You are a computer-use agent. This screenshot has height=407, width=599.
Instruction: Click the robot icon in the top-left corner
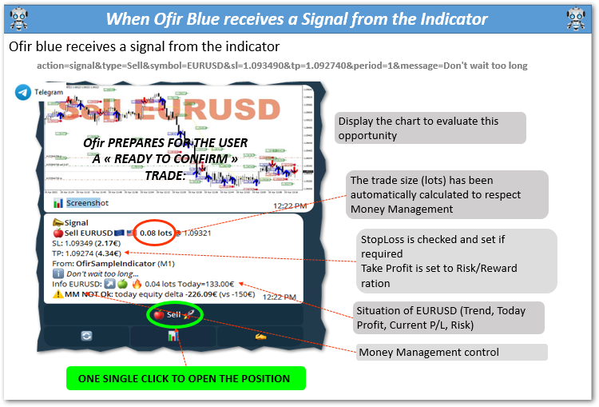coord(15,18)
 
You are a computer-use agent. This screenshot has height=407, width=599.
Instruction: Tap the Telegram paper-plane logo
coord(22,93)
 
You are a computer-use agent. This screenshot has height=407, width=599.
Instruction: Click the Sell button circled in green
coord(169,315)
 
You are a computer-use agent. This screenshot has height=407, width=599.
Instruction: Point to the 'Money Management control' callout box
coord(451,352)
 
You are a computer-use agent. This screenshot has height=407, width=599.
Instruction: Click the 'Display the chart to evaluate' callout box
coord(430,128)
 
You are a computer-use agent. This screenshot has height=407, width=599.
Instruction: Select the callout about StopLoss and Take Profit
coord(456,261)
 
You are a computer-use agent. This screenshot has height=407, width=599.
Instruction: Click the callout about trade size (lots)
coord(446,194)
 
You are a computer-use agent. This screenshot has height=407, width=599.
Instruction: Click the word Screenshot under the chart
coord(87,203)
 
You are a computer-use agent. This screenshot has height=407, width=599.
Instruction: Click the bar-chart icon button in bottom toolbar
coord(172,337)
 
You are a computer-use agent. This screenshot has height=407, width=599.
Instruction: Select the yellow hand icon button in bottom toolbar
coord(260,337)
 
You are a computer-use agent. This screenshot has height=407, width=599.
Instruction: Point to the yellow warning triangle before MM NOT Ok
coord(58,293)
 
